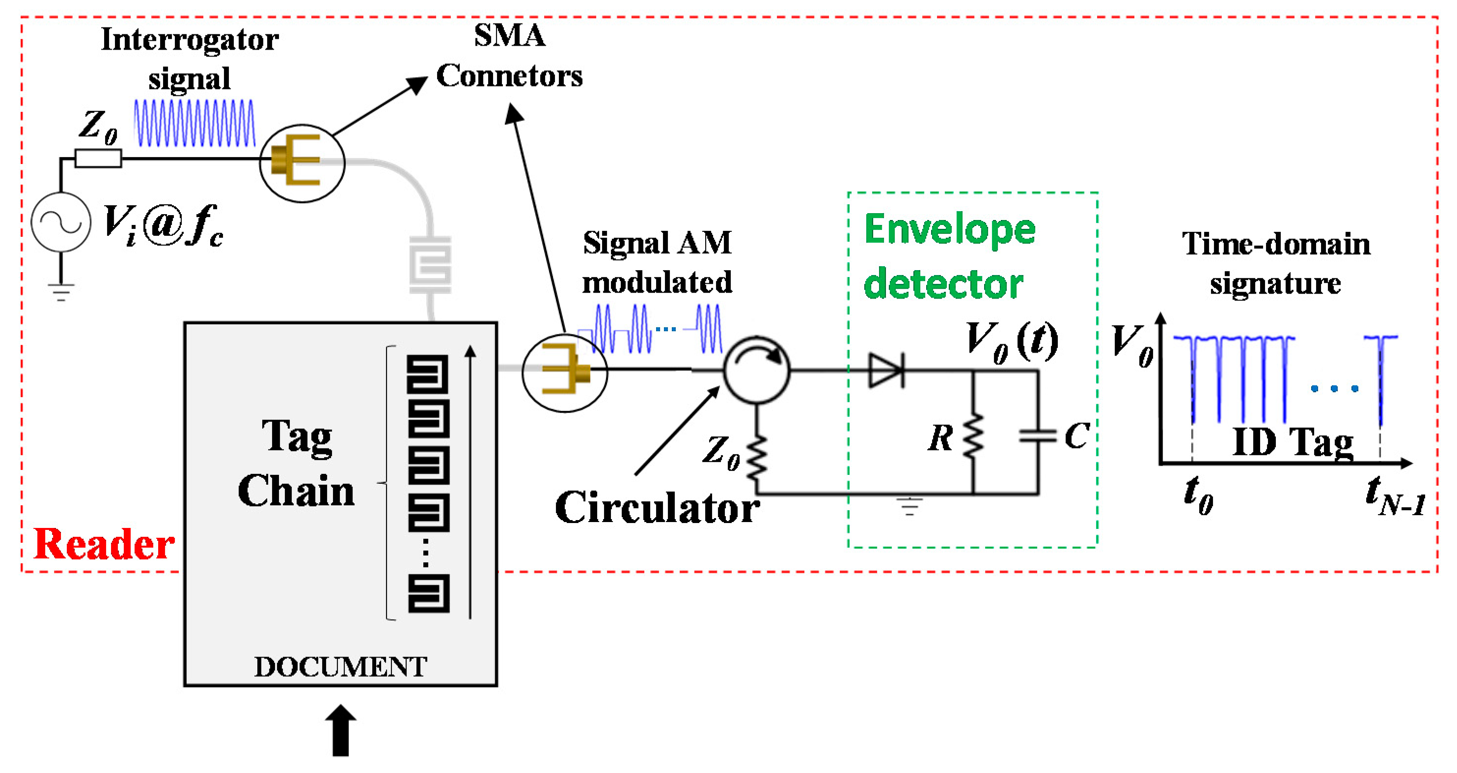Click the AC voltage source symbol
[x=60, y=222]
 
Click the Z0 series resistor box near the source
[x=98, y=158]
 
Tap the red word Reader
[x=104, y=544]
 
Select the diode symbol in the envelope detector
[x=885, y=370]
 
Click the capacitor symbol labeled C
[x=1037, y=436]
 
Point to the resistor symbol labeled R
[x=973, y=436]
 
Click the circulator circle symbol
[x=756, y=370]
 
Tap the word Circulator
[x=657, y=508]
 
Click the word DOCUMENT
[x=340, y=667]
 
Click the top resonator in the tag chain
[x=428, y=373]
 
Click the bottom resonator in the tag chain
[x=429, y=593]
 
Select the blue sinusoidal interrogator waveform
[x=194, y=123]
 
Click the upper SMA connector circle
[x=302, y=164]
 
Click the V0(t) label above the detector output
[x=1011, y=341]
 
